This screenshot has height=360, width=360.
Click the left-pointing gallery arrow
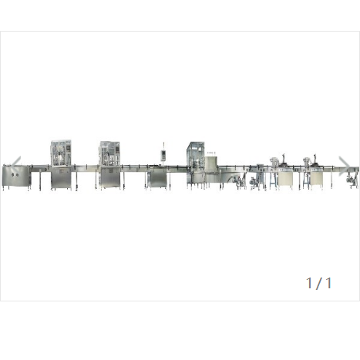(x=16, y=166)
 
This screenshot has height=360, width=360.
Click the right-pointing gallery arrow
(x=345, y=166)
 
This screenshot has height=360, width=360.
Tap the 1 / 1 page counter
(x=319, y=283)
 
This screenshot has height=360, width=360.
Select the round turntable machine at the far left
(x=16, y=177)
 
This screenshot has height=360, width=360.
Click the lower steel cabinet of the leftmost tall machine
(x=61, y=180)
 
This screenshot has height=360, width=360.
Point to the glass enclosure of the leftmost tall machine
(x=61, y=153)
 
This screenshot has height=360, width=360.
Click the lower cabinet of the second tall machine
(x=110, y=178)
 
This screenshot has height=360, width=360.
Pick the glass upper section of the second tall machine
(x=110, y=153)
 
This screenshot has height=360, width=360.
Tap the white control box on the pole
(x=163, y=155)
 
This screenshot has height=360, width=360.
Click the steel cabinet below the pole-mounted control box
(x=158, y=178)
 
